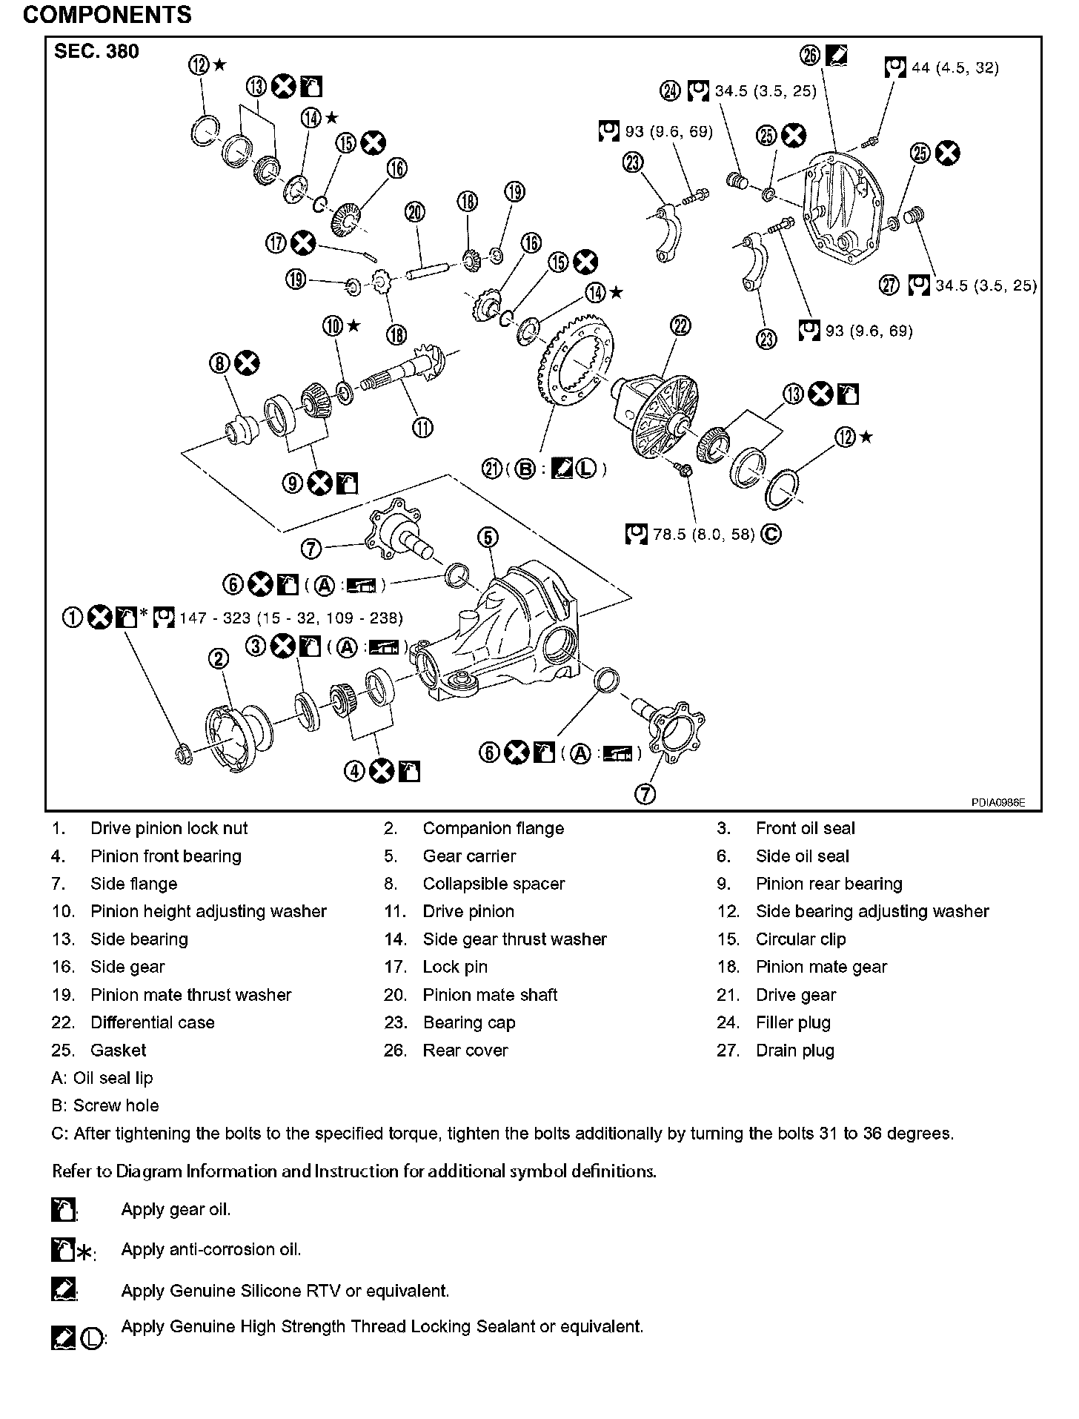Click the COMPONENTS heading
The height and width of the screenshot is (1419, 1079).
(107, 15)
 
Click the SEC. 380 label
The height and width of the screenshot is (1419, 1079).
(96, 52)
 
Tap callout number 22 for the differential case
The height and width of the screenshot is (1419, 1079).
(680, 325)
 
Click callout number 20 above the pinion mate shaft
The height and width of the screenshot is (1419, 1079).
(415, 213)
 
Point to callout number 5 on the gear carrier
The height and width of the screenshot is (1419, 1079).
(488, 537)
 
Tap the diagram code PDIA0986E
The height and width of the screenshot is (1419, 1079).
(998, 802)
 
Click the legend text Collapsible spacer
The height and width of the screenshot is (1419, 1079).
(494, 884)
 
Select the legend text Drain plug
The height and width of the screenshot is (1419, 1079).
(794, 1051)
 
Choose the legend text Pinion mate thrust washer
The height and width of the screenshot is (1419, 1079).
(190, 995)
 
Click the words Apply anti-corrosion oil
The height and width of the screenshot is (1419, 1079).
(211, 1249)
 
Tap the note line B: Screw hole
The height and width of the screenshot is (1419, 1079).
(105, 1105)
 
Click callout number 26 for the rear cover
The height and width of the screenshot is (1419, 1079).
(811, 56)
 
